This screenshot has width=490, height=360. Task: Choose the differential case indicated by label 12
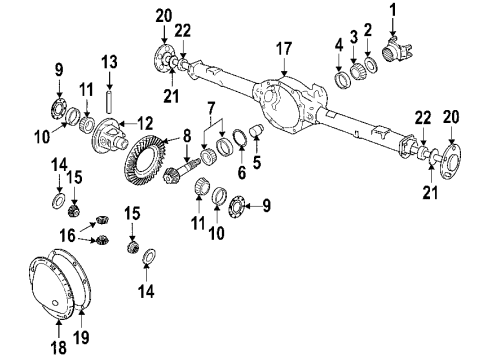pos(111,139)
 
